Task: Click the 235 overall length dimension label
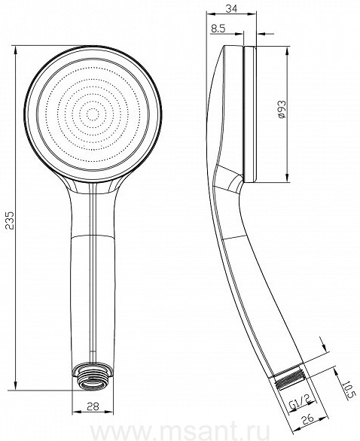[x=10, y=220]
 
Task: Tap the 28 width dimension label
[x=93, y=406]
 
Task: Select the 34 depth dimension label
[x=231, y=9]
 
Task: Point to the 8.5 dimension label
[x=218, y=29]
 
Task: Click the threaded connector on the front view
[x=93, y=377]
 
